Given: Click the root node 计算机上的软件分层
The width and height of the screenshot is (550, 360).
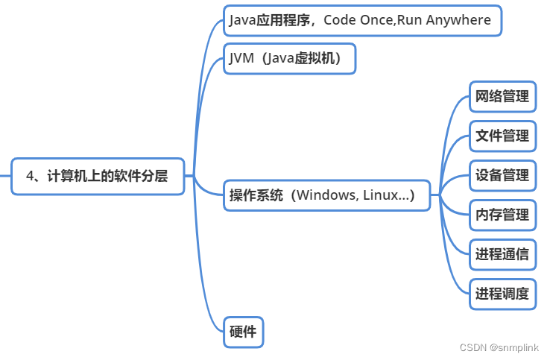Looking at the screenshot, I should click(98, 177).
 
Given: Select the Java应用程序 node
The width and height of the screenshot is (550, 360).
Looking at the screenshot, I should click(362, 20).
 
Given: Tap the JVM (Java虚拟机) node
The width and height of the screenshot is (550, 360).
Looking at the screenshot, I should click(289, 59).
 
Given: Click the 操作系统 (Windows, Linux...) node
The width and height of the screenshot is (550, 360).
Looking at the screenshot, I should click(327, 195).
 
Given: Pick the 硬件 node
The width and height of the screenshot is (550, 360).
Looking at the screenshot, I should click(243, 332).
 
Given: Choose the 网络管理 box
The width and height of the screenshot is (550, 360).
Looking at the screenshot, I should click(502, 96).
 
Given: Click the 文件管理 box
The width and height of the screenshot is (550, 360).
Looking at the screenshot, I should click(502, 136).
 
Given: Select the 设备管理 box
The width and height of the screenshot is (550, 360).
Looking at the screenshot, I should click(502, 175).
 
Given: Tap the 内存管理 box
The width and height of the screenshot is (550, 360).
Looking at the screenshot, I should click(502, 215).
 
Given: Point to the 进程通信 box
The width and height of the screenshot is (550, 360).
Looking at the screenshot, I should click(502, 254).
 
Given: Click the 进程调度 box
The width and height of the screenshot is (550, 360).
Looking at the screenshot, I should click(502, 294).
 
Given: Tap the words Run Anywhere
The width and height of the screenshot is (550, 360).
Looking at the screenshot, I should click(443, 20).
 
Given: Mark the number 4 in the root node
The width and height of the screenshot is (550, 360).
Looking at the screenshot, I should click(30, 177).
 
